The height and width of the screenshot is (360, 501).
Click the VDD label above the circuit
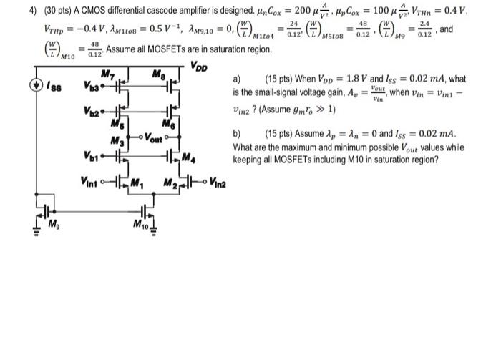200,67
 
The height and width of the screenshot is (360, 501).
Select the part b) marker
238,134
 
